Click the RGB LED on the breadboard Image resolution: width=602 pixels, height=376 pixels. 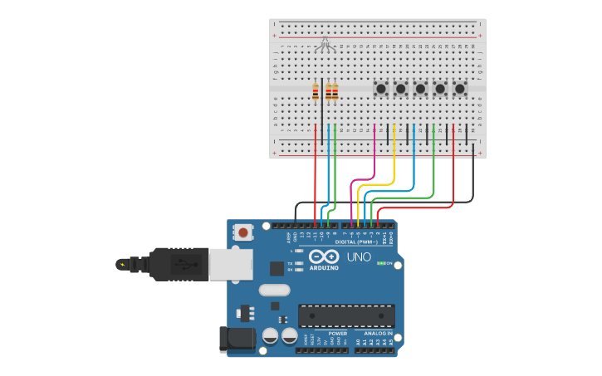tap(325, 43)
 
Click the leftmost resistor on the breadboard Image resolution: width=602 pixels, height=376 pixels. tap(316, 91)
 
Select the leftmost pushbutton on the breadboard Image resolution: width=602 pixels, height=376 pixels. tap(381, 88)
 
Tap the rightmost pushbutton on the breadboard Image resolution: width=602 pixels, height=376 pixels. tap(460, 88)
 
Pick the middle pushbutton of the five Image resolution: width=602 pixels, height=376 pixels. tap(420, 88)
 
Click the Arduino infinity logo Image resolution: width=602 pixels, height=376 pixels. tap(324, 257)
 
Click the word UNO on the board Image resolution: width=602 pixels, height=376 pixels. tap(359, 257)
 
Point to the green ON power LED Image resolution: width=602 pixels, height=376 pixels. tap(380, 263)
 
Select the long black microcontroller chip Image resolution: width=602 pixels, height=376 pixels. tap(346, 315)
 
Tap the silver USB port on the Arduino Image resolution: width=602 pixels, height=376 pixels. tap(224, 264)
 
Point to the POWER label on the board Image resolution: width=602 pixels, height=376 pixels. tap(337, 333)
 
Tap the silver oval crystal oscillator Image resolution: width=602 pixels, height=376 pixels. tap(274, 290)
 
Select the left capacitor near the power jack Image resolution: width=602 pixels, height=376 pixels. tap(270, 335)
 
